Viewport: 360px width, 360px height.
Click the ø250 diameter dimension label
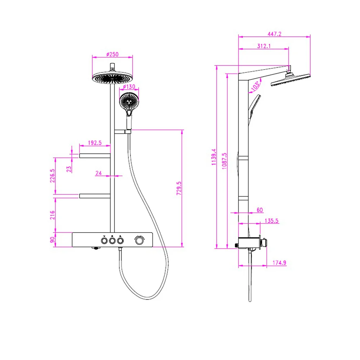click(112, 54)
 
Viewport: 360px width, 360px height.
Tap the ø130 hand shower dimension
click(129, 87)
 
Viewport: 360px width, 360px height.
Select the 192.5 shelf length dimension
click(95, 143)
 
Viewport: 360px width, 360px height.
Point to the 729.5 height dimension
click(179, 189)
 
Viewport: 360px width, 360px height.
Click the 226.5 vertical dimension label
click(52, 176)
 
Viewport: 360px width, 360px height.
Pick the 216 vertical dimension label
click(52, 215)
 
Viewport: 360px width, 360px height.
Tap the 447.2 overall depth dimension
click(275, 34)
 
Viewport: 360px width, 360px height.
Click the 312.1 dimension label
click(264, 46)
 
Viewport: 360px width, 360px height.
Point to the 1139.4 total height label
click(214, 157)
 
